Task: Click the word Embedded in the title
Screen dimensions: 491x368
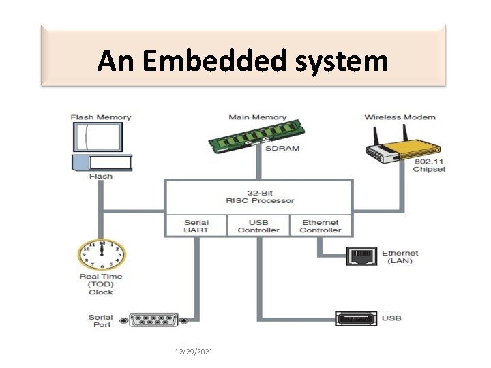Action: (214, 61)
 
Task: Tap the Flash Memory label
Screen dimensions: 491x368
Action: (101, 117)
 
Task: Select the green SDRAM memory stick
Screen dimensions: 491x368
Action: (257, 136)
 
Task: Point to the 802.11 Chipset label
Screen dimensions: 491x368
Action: (429, 165)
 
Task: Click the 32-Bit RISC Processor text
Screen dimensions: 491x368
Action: (260, 197)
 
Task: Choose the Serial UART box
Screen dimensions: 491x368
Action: (196, 226)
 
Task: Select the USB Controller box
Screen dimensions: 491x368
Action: (258, 226)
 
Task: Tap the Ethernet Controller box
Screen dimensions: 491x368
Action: (321, 226)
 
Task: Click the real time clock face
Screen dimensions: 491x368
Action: (102, 254)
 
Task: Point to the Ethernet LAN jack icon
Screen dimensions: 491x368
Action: (361, 256)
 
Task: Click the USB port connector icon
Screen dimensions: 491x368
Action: (356, 318)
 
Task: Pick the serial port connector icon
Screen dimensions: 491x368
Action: (154, 320)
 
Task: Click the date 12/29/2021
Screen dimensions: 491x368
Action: (194, 352)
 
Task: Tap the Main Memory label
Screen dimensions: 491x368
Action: (258, 117)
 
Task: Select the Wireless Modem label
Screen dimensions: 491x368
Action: (400, 117)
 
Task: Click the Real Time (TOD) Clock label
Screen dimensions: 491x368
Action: (101, 284)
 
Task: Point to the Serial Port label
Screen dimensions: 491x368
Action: (101, 321)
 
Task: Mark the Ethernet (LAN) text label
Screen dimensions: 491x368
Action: (400, 257)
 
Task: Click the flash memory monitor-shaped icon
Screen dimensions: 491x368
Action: (98, 137)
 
